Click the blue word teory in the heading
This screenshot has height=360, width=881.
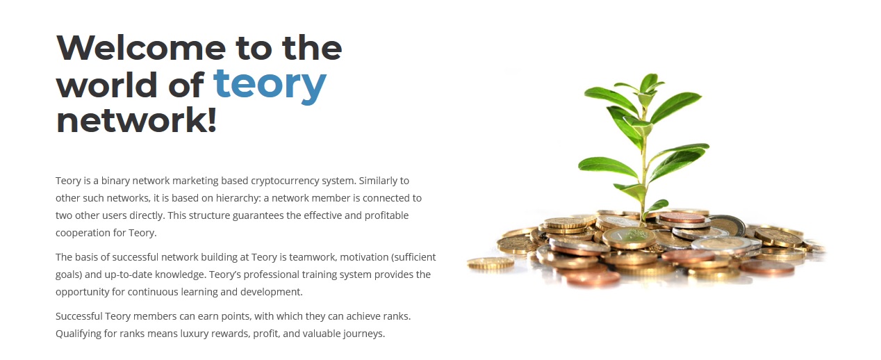coord(270,85)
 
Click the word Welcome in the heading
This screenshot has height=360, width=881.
coord(141,48)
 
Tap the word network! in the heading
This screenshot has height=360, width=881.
coord(136,120)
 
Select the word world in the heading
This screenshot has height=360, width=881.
coord(107,85)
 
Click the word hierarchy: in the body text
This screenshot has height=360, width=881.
coord(238,198)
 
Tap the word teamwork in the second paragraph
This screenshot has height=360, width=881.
coord(313,257)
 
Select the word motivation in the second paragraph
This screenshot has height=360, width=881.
coord(364,257)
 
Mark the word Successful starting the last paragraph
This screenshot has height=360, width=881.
coord(79,316)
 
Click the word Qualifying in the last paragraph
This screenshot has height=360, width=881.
coord(79,334)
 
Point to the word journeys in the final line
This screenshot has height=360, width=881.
coord(364,334)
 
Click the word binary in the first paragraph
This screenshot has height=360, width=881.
coord(115,181)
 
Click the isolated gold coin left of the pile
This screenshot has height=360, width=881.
coord(490,263)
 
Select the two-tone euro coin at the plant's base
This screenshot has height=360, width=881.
coord(629,237)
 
